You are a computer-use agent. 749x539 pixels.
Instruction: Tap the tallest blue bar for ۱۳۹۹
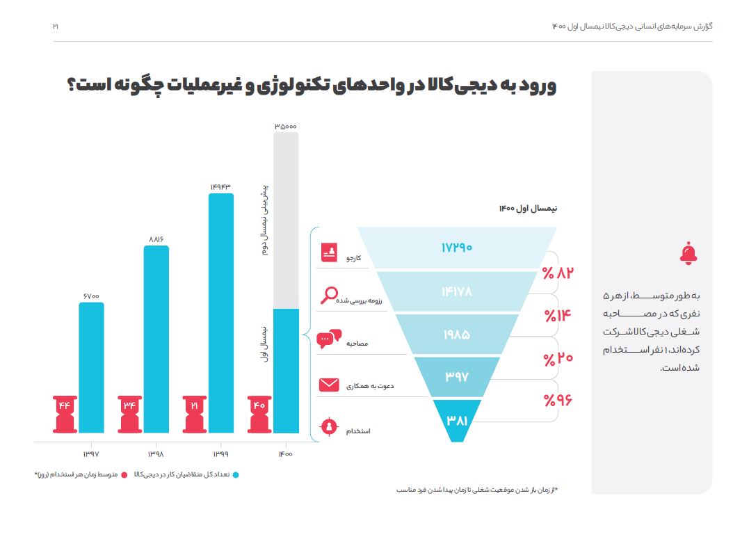coord(221,313)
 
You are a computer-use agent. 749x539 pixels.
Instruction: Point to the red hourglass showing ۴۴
coord(66,413)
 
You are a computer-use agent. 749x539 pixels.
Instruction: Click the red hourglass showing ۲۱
coord(195,413)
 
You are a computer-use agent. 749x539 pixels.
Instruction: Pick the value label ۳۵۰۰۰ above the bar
coord(285,127)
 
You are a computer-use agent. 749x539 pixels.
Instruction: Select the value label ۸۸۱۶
coord(156,239)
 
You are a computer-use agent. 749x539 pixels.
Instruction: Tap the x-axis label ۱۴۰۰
coord(285,454)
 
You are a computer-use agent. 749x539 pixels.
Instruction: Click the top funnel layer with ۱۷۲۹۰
coord(456,247)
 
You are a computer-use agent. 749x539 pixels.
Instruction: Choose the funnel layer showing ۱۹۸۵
coord(456,335)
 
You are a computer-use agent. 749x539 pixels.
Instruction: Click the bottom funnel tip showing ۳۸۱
coord(456,421)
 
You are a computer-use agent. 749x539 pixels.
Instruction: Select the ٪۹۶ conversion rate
coord(557,401)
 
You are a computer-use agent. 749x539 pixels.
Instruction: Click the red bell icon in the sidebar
coord(688,255)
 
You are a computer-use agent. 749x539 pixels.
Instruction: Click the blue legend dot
coord(236,475)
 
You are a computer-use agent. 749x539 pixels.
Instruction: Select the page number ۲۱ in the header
coord(56,26)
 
